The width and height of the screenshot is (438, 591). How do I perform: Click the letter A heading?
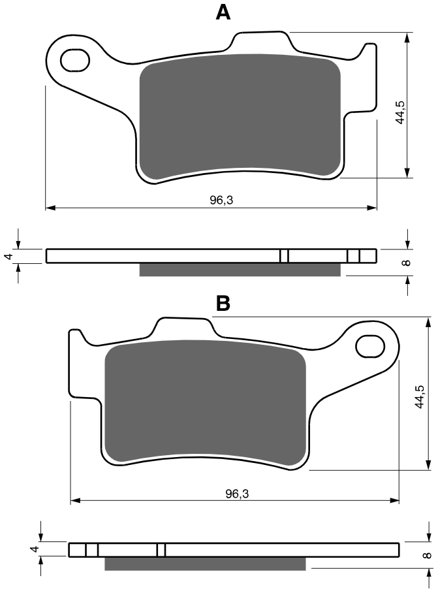pos(223,13)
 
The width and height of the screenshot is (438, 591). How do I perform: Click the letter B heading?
pos(223,304)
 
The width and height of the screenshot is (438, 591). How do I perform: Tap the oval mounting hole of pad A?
pos(75,60)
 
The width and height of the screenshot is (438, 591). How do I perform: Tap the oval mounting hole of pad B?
pos(370,346)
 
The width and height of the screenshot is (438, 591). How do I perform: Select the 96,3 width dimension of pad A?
pos(221,200)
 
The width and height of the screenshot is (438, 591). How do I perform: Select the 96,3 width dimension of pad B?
pos(237,494)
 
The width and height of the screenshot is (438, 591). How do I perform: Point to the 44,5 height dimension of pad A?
pos(400,112)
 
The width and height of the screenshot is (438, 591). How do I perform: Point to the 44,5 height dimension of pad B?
pos(420,397)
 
